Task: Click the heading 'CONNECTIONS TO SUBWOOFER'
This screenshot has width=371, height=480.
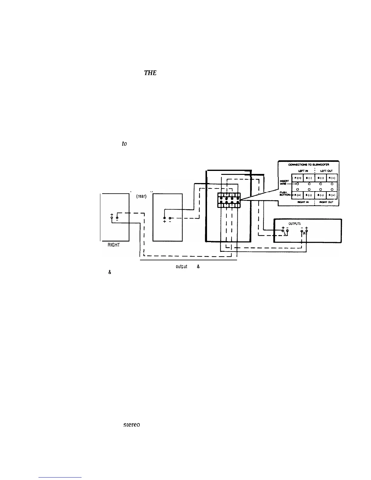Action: point(308,165)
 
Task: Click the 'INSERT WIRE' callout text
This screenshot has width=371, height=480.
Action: point(284,183)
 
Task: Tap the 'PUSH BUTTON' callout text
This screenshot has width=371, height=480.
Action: point(284,194)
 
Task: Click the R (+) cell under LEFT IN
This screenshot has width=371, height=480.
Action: point(297,178)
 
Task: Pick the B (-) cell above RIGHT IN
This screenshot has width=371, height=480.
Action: point(309,195)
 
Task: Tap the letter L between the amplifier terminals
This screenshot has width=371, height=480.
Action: point(285,233)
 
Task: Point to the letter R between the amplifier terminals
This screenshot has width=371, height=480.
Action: point(304,234)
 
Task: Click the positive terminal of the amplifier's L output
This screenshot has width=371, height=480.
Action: point(283,231)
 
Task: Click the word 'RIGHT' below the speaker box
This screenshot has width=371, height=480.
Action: point(113,245)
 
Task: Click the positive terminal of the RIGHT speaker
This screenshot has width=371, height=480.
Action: point(112,218)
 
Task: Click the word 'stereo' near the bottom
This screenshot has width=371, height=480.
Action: point(131,425)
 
